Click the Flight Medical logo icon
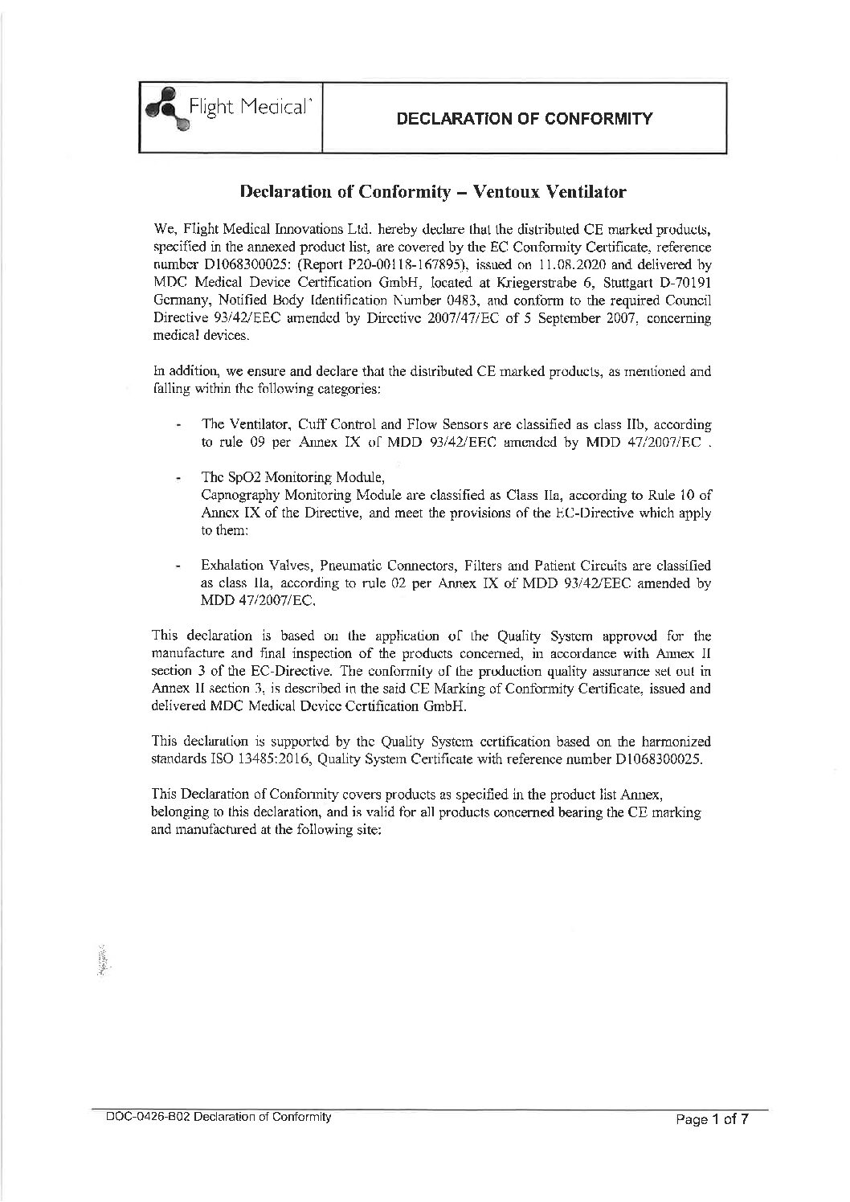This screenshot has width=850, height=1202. click(x=164, y=112)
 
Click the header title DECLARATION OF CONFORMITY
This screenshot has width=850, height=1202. click(x=524, y=119)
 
